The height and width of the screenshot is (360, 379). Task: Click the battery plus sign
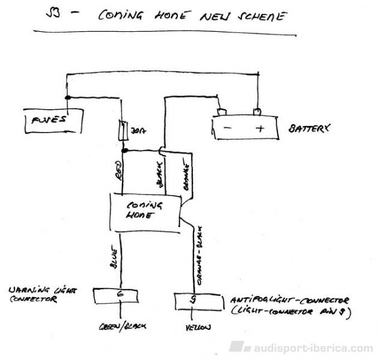coord(259,128)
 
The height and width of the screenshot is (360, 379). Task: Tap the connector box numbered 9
coord(193,300)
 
